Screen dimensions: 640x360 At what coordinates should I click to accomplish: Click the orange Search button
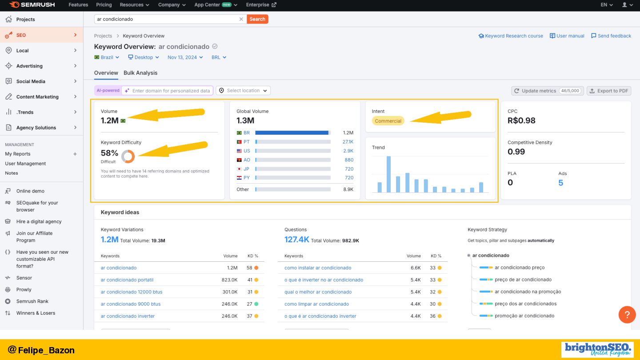pyautogui.click(x=257, y=19)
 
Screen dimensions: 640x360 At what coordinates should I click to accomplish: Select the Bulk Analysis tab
pyautogui.click(x=140, y=73)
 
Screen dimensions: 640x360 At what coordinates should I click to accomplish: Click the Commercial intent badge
pyautogui.click(x=388, y=121)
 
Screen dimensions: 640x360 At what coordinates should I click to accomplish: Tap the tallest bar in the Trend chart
pyautogui.click(x=388, y=174)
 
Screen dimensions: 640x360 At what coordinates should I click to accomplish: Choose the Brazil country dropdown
pyautogui.click(x=107, y=57)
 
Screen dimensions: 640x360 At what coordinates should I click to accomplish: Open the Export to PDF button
pyautogui.click(x=609, y=91)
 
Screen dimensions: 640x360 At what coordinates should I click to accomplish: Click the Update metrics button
pyautogui.click(x=547, y=91)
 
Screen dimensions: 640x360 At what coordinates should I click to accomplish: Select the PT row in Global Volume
pyautogui.click(x=295, y=142)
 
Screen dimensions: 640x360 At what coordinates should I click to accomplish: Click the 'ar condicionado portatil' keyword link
pyautogui.click(x=127, y=280)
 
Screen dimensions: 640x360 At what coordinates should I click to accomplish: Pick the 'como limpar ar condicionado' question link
pyautogui.click(x=316, y=304)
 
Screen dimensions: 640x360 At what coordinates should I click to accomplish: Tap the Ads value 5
pyautogui.click(x=560, y=183)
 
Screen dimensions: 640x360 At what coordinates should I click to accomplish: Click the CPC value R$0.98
pyautogui.click(x=521, y=120)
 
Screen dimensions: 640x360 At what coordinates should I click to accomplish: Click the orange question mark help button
pyautogui.click(x=627, y=315)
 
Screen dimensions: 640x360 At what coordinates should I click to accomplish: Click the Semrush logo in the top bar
pyautogui.click(x=32, y=5)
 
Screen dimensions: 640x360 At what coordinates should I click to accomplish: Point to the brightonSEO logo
pyautogui.click(x=598, y=349)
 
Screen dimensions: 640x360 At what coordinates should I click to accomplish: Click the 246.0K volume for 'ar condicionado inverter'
pyautogui.click(x=229, y=316)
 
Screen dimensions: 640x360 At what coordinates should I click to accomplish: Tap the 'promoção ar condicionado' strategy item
pyautogui.click(x=524, y=316)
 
